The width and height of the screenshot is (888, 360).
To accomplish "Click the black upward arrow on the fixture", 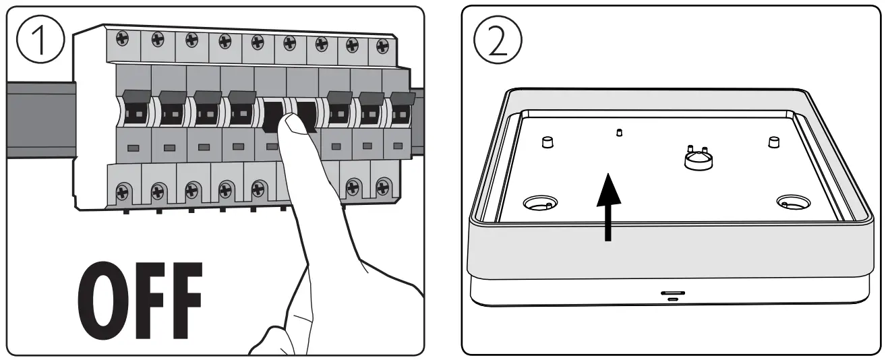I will pyautogui.click(x=608, y=206).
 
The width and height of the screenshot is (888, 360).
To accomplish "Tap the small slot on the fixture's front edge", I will pyautogui.click(x=672, y=294).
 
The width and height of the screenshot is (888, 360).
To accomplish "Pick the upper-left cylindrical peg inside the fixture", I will pyautogui.click(x=547, y=142).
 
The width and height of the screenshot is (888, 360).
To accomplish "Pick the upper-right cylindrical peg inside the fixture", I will pyautogui.click(x=774, y=141).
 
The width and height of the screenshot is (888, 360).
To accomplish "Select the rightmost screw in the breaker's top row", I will pyautogui.click(x=382, y=44).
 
